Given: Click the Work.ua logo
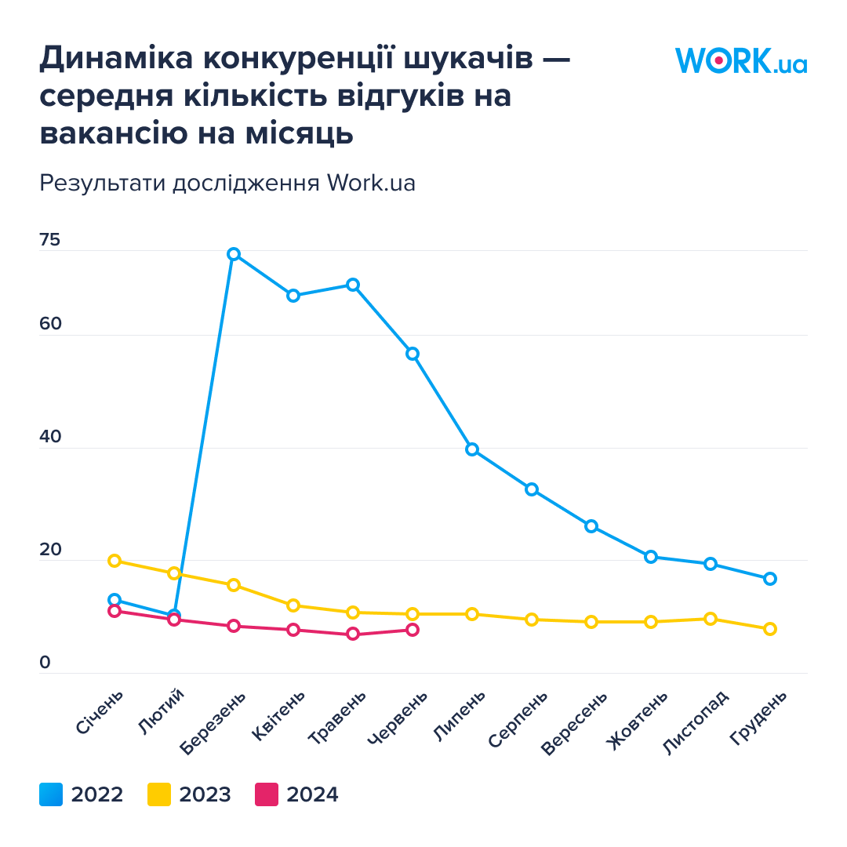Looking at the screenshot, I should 740,61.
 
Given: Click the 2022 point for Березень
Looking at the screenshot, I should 234,254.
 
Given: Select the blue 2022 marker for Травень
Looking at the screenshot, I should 353,285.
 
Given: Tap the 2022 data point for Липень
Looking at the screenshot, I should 472,449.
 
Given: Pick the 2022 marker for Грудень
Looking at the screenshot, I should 770,579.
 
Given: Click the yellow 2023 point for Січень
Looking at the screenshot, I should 115,561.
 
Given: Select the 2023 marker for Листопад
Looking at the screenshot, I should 711,619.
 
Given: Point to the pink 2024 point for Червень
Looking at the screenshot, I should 413,630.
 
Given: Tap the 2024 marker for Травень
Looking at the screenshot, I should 353,634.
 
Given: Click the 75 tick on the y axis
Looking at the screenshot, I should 49,241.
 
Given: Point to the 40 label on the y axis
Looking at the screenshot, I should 50,438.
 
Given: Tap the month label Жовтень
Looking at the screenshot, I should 638,719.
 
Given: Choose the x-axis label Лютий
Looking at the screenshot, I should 162,711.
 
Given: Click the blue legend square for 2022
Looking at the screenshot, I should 51,794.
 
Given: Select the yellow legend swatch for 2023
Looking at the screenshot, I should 159,794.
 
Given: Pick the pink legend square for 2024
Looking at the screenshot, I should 267,794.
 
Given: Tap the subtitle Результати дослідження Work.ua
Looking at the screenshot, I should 227,183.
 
